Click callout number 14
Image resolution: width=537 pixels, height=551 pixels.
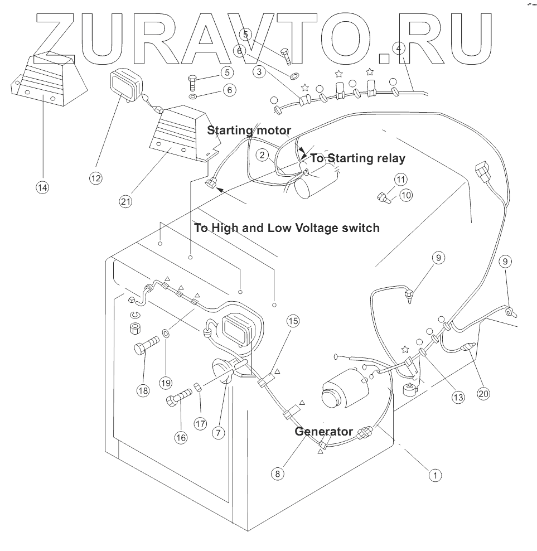(42, 187)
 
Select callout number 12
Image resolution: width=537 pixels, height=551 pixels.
(96, 178)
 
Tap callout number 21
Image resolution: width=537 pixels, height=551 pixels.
(126, 201)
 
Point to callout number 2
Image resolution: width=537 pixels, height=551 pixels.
(263, 154)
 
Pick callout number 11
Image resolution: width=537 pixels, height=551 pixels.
(401, 179)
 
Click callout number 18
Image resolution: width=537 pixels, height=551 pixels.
(144, 390)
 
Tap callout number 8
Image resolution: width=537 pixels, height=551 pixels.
(278, 473)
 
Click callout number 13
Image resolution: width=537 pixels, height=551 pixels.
(458, 397)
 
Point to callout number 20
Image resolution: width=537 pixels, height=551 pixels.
(483, 393)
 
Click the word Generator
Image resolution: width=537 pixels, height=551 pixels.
(323, 431)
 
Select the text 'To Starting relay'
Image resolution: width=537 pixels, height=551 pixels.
(357, 158)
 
